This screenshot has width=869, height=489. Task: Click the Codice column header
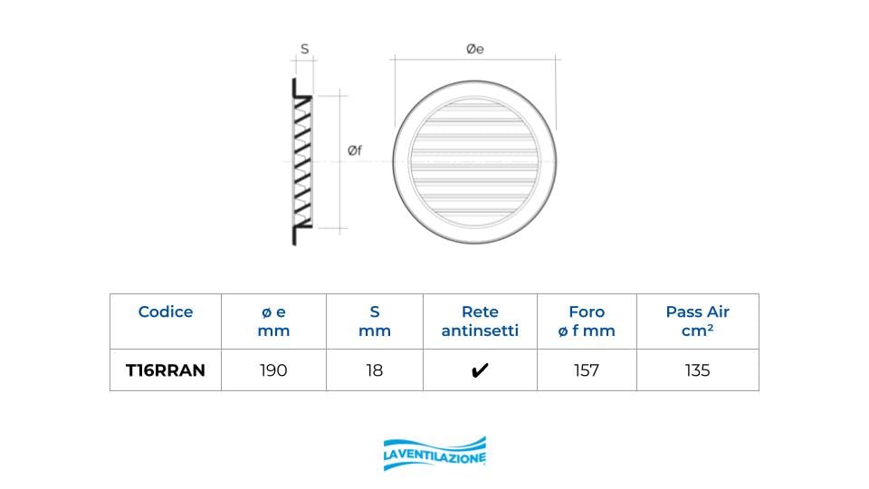click(165, 312)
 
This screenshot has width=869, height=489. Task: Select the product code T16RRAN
click(165, 370)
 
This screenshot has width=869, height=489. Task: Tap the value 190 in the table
click(273, 370)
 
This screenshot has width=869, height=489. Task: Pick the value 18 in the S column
click(375, 370)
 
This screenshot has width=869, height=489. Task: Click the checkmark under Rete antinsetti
click(480, 370)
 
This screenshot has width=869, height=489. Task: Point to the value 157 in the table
click(587, 370)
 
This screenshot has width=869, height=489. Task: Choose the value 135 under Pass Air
click(697, 370)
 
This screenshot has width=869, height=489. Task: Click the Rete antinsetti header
click(480, 321)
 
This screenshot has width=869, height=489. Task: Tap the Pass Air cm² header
click(697, 321)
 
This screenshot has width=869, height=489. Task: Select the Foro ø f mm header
click(587, 321)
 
